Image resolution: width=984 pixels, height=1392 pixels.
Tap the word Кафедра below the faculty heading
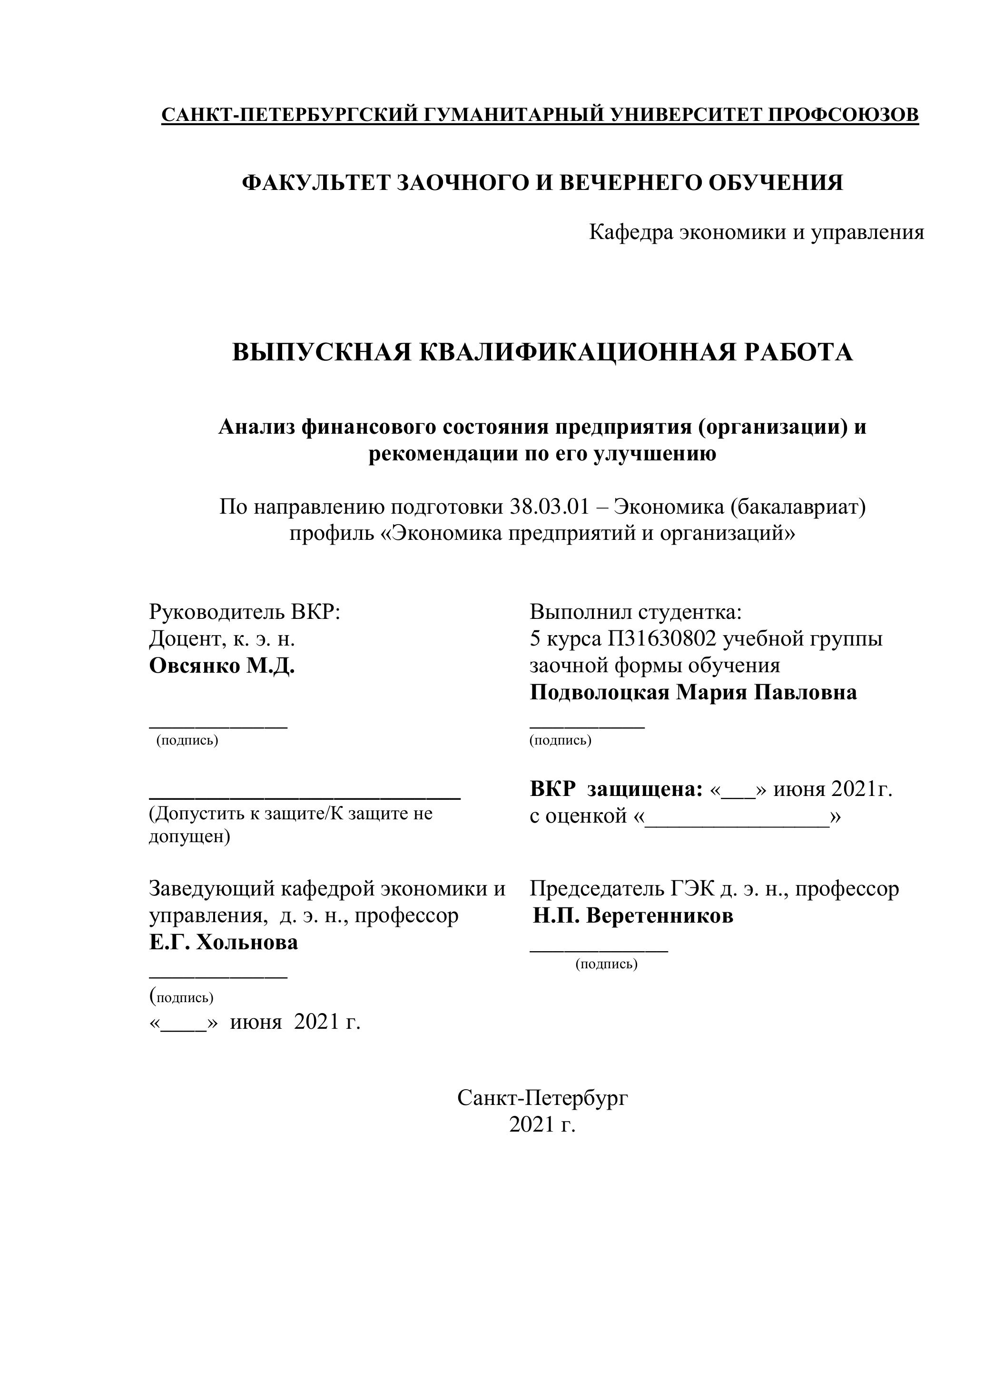point(630,232)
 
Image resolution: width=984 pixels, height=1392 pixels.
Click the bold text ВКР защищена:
point(616,789)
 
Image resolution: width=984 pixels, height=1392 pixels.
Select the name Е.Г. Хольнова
point(224,943)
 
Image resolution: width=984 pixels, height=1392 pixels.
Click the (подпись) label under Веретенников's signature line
point(607,964)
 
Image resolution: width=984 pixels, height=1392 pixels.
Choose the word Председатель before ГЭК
point(596,889)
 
